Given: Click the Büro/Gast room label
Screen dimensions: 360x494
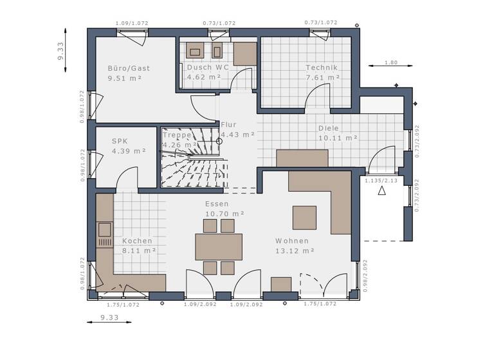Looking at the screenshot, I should click(x=129, y=67).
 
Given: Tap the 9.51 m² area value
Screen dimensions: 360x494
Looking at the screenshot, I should click(x=125, y=78).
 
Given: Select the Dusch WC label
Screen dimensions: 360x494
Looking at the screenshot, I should click(x=208, y=67).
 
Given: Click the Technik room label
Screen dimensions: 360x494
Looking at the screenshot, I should click(x=322, y=67).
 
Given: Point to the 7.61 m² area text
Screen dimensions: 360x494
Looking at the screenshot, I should click(x=323, y=77).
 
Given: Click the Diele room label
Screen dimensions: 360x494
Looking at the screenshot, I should click(x=329, y=128).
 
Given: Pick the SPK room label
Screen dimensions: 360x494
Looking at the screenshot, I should click(x=120, y=141).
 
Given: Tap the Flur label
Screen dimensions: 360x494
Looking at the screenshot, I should click(x=229, y=125).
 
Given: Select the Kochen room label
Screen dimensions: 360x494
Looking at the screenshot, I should click(x=137, y=241).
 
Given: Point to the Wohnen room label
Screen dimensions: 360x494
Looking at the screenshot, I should click(x=292, y=241).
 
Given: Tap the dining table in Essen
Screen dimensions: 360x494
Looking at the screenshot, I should click(x=219, y=246).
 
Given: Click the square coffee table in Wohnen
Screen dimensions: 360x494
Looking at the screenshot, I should click(x=304, y=217).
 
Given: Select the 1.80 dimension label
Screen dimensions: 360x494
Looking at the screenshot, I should click(x=390, y=62).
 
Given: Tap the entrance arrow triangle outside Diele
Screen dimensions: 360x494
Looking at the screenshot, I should click(x=381, y=191).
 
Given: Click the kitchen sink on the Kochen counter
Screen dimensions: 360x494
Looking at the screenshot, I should click(x=104, y=230).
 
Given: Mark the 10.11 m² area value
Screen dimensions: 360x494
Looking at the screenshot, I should click(x=338, y=138).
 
